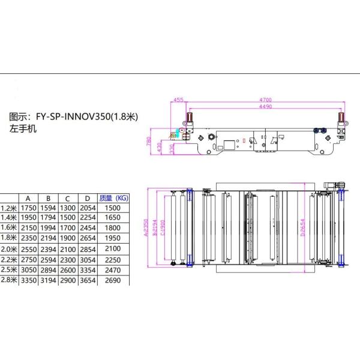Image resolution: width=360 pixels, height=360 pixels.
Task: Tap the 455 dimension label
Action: [x=178, y=100]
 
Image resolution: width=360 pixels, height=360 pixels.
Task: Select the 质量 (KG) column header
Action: [x=113, y=197]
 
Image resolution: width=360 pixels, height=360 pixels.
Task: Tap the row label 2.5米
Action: [x=8, y=270]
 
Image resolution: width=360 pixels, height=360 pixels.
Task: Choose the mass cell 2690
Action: [x=113, y=280]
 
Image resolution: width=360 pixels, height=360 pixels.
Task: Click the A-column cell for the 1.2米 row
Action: [x=28, y=208]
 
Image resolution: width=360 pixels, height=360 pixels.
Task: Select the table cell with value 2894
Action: [x=49, y=270]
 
